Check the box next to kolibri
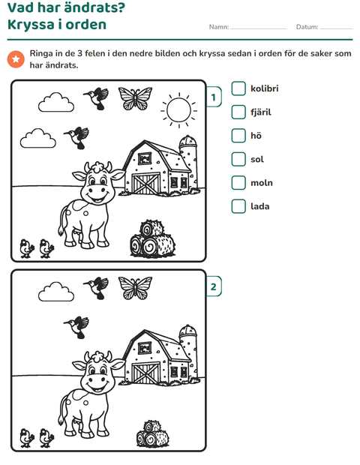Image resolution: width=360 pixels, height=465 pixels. (x=238, y=88)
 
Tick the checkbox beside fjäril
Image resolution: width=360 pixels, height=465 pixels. (x=238, y=112)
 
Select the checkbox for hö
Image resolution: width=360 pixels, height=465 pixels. (x=238, y=136)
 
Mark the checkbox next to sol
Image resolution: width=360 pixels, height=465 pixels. (x=238, y=159)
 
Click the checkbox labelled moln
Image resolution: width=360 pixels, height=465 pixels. (x=238, y=183)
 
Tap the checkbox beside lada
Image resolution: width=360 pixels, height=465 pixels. (x=238, y=206)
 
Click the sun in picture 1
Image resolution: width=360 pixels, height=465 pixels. (x=178, y=110)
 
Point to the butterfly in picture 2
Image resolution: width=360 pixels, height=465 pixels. (x=135, y=288)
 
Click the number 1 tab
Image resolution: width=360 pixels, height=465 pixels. (x=214, y=97)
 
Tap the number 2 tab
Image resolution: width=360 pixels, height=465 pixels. (x=214, y=286)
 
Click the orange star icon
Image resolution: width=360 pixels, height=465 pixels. (x=16, y=59)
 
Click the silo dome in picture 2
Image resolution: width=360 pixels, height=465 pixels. (x=188, y=330)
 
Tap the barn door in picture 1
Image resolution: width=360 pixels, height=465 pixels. (x=145, y=184)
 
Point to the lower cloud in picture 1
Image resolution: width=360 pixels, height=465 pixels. (x=38, y=139)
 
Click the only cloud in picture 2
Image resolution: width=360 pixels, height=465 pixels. (x=56, y=292)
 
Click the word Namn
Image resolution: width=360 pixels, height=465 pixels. (x=219, y=27)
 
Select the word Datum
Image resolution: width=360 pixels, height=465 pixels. (x=307, y=27)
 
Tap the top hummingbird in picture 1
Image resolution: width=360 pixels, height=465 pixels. (x=97, y=97)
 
